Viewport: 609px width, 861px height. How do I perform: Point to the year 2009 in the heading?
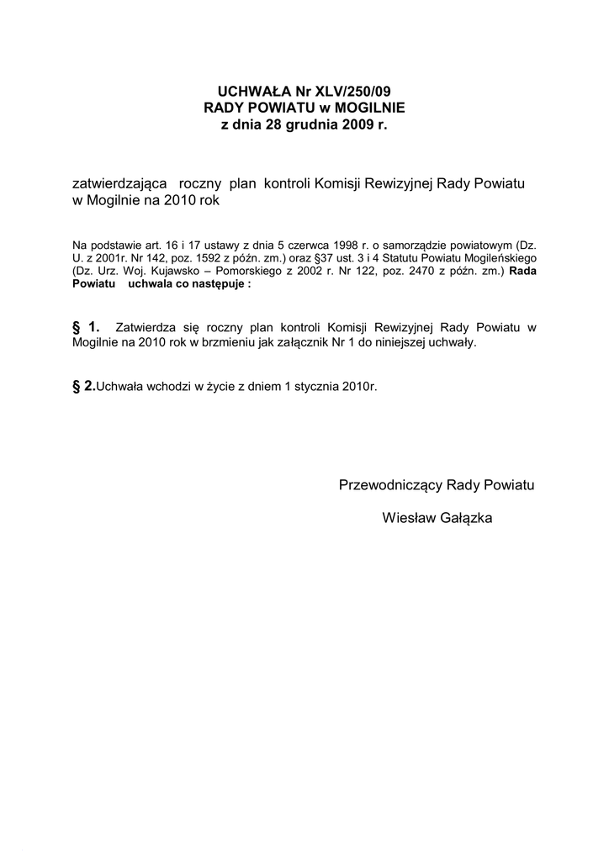coord(360,125)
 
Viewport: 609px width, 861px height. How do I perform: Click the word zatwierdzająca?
coord(120,183)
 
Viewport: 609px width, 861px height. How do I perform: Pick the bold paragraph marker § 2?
coord(84,385)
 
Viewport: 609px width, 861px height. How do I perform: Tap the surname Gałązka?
coord(463,518)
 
